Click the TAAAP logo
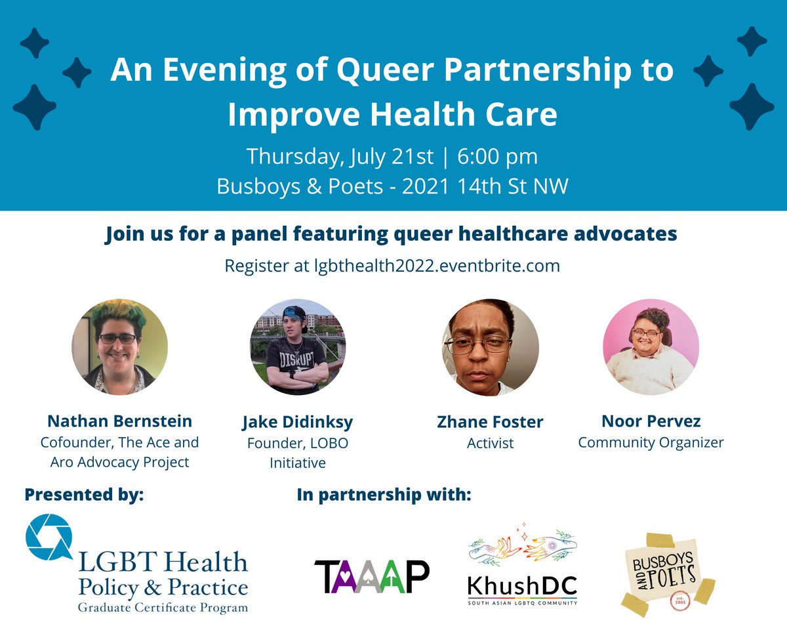point(371,576)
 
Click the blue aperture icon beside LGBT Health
point(50,539)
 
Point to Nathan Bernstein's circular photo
point(119,347)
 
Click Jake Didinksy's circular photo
point(298,347)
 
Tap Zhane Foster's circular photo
point(490,347)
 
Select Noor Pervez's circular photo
point(651,347)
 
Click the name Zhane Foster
point(490,422)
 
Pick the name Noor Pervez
point(651,420)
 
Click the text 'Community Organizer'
point(651,442)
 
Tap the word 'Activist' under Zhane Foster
point(490,444)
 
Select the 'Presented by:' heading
point(84,494)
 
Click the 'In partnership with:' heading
point(384,494)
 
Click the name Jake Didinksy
point(298,422)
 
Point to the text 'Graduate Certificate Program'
point(163,607)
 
